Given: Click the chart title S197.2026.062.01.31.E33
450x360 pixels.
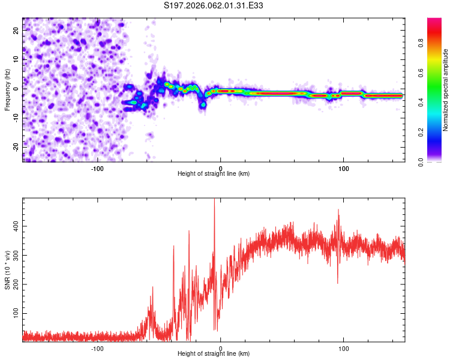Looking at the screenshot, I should point(214,5).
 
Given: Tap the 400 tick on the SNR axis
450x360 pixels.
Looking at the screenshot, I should point(14,226).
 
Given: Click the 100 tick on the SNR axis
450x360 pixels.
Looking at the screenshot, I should point(14,314).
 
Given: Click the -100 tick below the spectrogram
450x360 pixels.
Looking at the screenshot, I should point(97,168).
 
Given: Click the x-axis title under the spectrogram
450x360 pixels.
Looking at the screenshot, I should point(214,174).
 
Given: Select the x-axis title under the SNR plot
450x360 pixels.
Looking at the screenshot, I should point(214,354).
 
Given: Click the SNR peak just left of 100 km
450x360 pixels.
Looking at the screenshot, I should point(338,211).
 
